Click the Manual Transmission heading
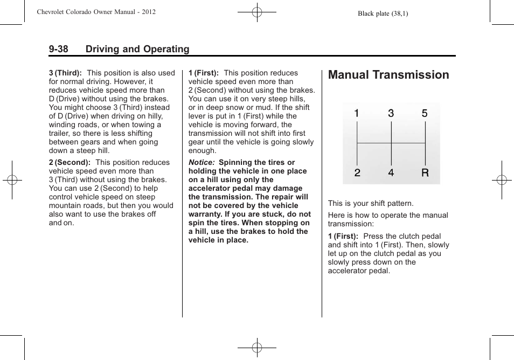pos(388,75)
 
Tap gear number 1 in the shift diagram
pos(357,114)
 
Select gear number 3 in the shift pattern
pos(391,114)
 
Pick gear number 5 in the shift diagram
pos(425,114)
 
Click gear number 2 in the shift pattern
pos(357,173)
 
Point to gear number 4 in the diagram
pos(391,173)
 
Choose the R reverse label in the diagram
pos(425,173)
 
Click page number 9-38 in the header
pos(58,49)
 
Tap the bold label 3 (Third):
pos(65,73)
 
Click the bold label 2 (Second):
pos(69,162)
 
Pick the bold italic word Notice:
pos(202,162)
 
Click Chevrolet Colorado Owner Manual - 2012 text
pos(96,12)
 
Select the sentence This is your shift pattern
pos(371,203)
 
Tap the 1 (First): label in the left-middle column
pos(203,73)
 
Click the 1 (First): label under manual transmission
pos(343,236)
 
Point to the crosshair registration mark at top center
pos(257,12)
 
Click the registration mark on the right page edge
pos(502,180)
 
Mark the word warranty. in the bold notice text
pos(205,214)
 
